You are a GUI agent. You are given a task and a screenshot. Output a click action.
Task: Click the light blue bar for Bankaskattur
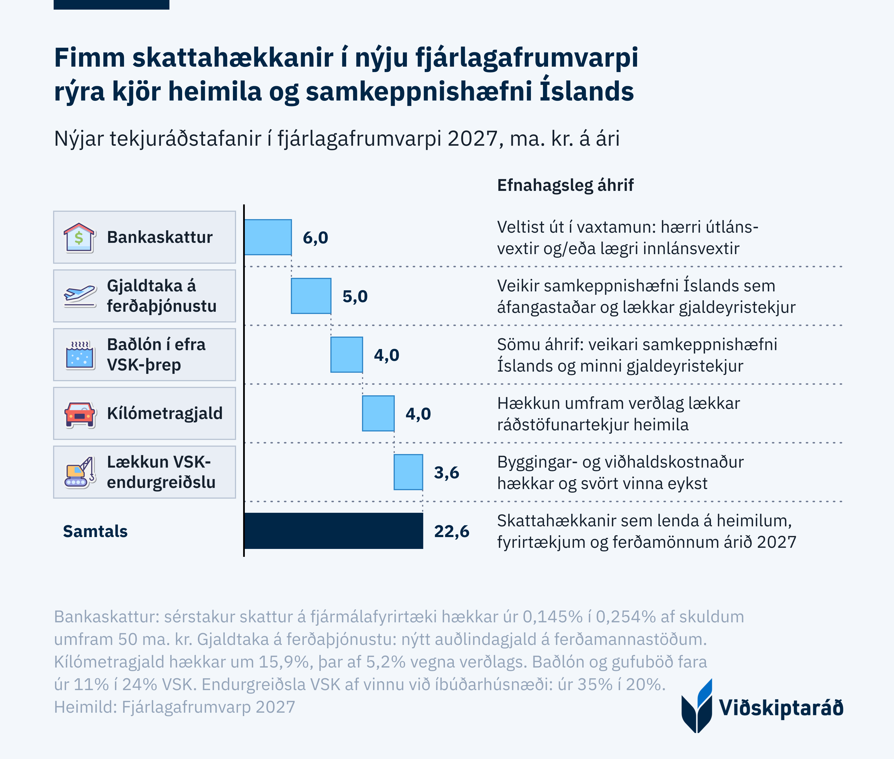[x=268, y=237]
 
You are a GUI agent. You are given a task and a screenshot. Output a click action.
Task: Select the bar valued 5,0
[x=311, y=296]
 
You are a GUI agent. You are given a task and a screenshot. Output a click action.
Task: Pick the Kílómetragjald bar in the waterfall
[x=378, y=413]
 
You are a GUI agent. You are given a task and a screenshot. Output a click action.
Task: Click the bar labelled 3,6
[x=408, y=472]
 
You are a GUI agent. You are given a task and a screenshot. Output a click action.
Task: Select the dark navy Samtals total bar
[x=334, y=531]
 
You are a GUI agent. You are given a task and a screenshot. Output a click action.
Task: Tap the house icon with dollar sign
[x=79, y=237]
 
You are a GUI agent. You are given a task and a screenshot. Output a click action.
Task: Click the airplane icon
[x=80, y=296]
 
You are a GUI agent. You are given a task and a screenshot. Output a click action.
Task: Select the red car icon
[x=80, y=414]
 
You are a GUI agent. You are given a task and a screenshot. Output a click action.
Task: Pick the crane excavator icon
[x=80, y=472]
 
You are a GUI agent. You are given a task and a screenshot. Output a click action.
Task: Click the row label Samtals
[x=95, y=531]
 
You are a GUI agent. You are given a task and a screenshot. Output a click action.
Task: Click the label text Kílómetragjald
[x=165, y=413]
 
